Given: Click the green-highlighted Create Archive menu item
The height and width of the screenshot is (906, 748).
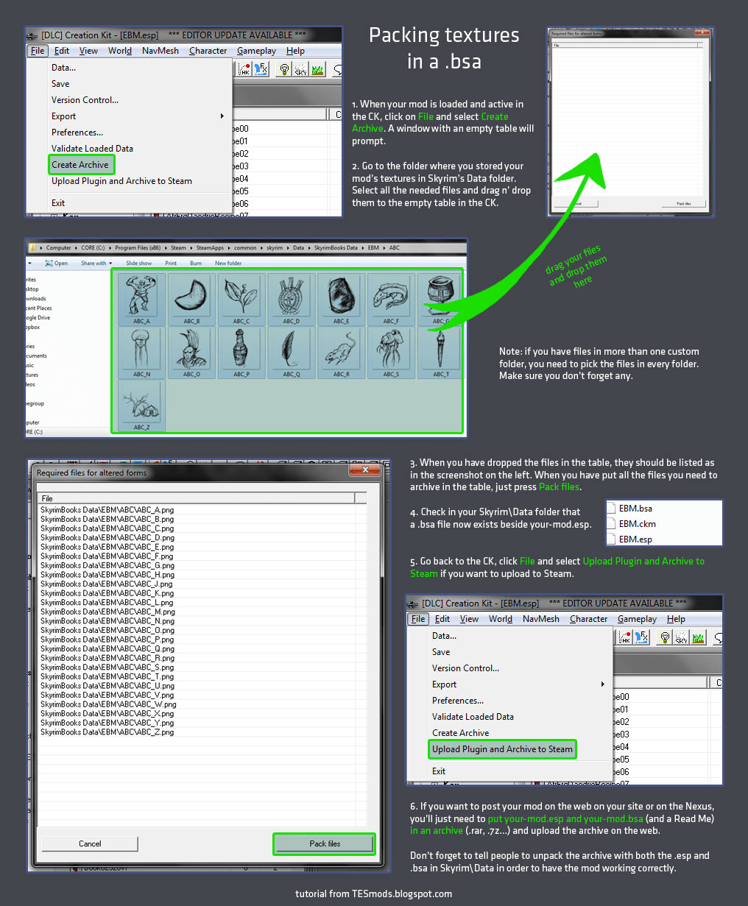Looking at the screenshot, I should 81,165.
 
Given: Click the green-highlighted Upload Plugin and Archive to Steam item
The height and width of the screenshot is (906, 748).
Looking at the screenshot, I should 502,749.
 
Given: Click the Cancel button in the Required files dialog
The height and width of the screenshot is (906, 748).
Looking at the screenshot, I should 90,843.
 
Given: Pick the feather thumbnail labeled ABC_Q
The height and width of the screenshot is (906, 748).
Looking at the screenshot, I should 292,349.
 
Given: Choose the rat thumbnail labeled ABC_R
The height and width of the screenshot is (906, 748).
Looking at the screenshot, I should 342,349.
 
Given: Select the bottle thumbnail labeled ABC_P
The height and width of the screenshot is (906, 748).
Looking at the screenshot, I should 241,349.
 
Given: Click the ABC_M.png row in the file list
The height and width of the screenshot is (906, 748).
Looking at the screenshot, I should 107,612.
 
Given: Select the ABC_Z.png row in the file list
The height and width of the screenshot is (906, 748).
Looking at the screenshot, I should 107,732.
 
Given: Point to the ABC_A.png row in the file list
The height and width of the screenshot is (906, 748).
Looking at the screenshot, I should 107,510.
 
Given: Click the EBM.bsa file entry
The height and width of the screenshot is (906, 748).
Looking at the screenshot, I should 635,509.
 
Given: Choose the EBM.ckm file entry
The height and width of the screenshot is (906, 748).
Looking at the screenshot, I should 637,524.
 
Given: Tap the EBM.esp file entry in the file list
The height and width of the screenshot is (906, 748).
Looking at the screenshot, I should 636,539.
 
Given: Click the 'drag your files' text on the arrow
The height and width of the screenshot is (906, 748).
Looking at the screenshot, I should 573,260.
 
